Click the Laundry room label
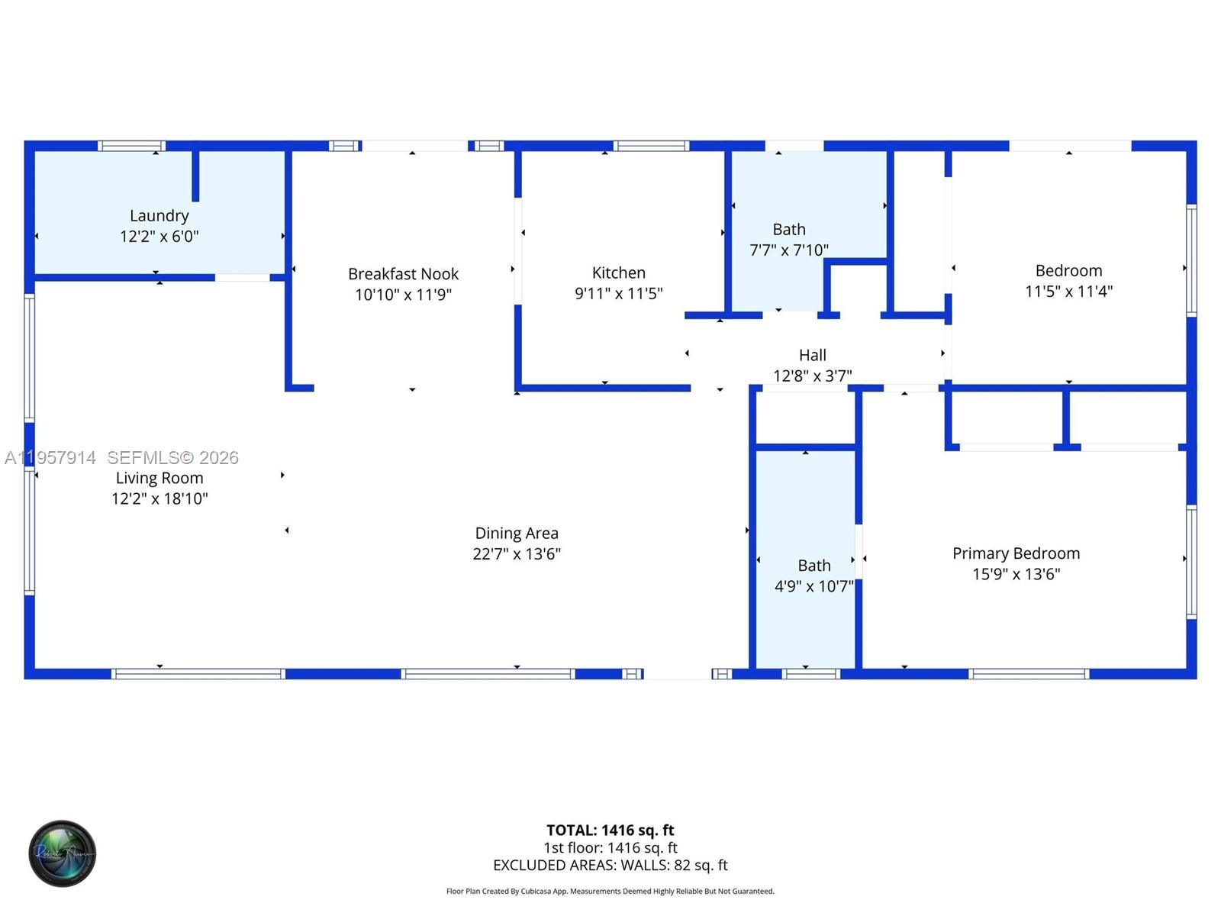click(159, 216)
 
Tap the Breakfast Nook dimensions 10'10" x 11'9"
click(403, 295)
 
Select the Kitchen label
click(618, 273)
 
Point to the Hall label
click(812, 355)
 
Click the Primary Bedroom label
click(1016, 553)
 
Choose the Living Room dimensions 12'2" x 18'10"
click(159, 498)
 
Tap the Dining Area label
click(517, 533)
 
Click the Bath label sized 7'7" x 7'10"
click(788, 229)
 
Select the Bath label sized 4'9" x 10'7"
click(813, 566)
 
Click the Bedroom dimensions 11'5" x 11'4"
click(1068, 291)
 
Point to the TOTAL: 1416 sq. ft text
click(610, 830)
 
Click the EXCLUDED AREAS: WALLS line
click(610, 865)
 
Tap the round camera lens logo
click(62, 853)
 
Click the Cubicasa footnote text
click(610, 891)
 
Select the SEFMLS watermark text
click(172, 457)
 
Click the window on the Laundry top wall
click(131, 146)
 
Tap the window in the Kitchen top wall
click(651, 146)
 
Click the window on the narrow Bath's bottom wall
click(811, 674)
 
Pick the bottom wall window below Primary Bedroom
click(1029, 674)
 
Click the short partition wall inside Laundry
click(195, 176)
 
